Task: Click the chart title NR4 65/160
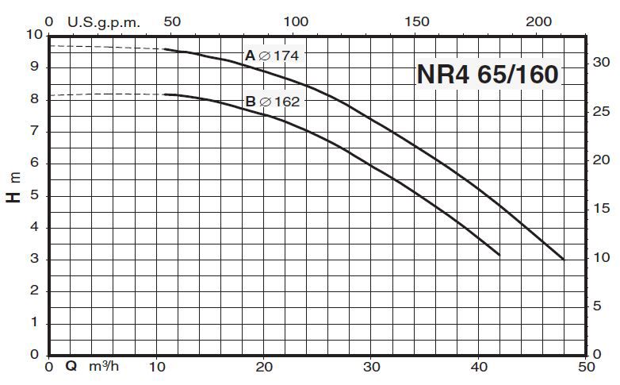point(488,74)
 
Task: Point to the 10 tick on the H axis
point(33,35)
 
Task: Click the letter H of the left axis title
point(13,195)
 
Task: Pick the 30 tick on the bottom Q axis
point(372,367)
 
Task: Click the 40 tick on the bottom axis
point(480,367)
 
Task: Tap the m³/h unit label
point(105,367)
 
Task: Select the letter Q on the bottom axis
point(71,367)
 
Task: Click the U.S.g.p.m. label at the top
point(104,22)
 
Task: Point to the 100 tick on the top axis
point(295,22)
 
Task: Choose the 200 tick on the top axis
point(538,22)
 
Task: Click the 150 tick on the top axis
point(417,22)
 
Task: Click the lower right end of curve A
point(563,259)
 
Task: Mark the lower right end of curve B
point(499,255)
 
